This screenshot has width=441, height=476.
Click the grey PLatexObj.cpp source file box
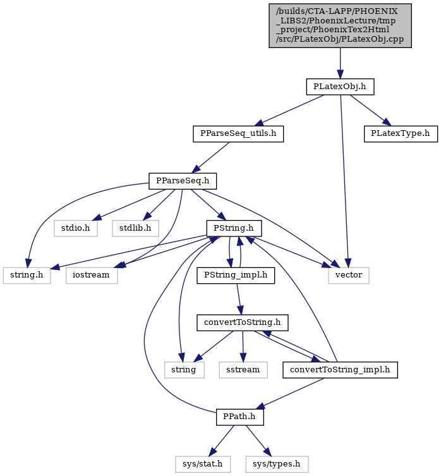pos(340,25)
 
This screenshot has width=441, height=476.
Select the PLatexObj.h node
pos(340,87)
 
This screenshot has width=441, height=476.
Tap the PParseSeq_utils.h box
pos(238,134)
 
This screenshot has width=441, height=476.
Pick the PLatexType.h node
pos(401,134)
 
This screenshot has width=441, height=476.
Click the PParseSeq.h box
pos(183,181)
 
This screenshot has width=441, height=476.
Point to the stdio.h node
pos(76,228)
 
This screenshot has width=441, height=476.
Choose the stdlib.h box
pos(135,228)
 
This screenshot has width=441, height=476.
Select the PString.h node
pos(234,228)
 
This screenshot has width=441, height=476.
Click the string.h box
pos(27,276)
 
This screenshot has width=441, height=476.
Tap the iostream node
pos(92,276)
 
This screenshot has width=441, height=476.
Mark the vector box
pos(349,276)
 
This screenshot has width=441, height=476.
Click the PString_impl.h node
pos(236,276)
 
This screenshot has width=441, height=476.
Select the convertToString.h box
pos(243,322)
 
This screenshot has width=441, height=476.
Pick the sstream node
pos(243,370)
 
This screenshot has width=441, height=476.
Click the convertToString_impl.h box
pos(341,370)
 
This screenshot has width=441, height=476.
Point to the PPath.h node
pos(240,417)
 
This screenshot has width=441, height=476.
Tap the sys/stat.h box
pos(203,465)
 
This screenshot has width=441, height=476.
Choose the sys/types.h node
pos(277,465)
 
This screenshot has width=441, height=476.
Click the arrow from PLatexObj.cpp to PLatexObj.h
pos(340,63)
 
